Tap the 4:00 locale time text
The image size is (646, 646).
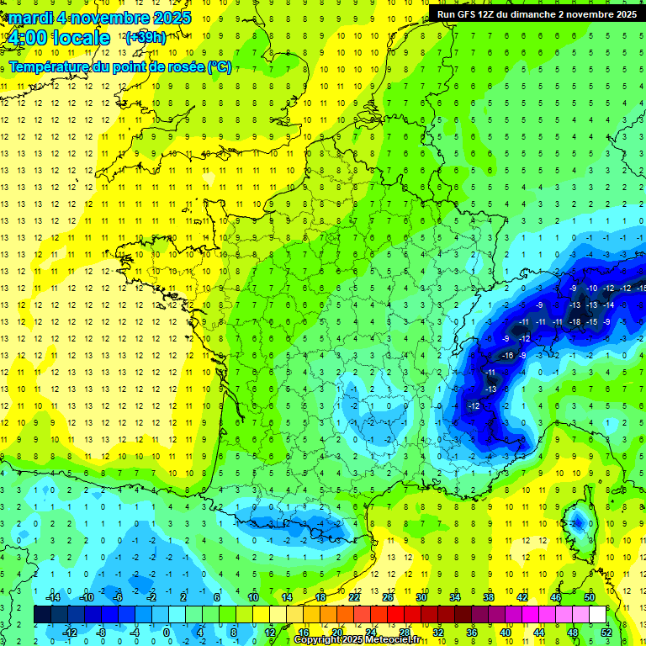[58, 38]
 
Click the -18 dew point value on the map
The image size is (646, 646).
[575, 322]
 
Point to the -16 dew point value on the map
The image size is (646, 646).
[507, 356]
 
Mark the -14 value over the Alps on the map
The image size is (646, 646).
[607, 304]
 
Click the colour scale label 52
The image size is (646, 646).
[607, 632]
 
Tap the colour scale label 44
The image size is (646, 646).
[539, 632]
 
